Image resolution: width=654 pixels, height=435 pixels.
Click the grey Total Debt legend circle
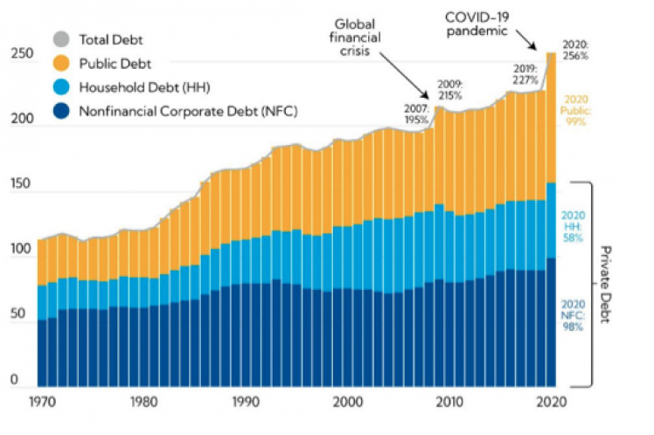pos(61,38)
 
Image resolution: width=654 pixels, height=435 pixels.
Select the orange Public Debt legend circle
pos(61,63)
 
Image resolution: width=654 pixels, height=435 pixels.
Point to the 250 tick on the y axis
pos(21,54)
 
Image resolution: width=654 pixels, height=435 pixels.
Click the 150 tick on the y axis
pos(21,185)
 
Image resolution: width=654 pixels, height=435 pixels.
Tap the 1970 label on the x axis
pos(41,403)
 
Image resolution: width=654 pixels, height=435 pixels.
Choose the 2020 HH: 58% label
pos(574,225)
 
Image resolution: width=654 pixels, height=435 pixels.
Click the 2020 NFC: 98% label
pos(574,314)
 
